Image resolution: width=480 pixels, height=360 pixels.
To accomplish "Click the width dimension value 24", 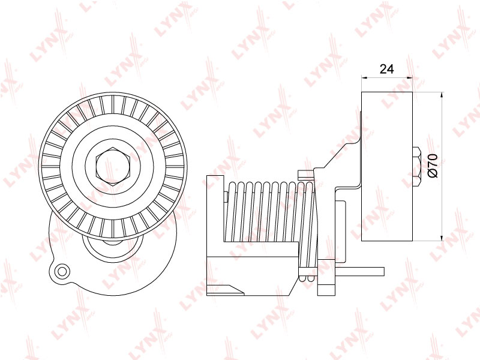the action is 386,69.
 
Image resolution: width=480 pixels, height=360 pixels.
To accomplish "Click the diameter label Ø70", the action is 432,166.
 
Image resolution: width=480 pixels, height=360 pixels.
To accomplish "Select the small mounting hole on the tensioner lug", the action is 62,271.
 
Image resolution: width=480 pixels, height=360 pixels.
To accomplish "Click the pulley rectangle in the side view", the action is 387,166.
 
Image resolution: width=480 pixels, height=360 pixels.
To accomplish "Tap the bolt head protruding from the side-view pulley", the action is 416,167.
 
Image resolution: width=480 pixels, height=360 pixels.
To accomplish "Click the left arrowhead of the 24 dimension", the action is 364,77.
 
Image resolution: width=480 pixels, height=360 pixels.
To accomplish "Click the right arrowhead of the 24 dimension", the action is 410,77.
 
